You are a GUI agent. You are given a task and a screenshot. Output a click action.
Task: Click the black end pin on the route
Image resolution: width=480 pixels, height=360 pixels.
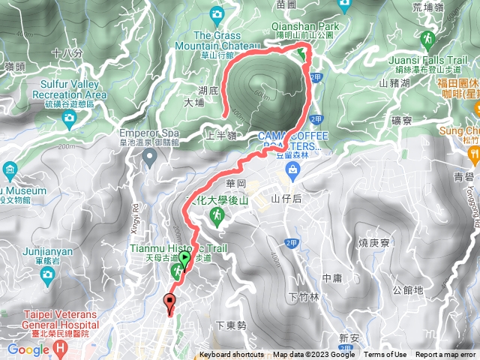169,304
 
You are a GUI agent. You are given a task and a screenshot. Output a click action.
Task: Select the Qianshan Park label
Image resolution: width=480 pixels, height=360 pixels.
304,25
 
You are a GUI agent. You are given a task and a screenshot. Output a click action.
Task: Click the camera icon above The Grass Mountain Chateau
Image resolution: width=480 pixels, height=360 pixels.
217,14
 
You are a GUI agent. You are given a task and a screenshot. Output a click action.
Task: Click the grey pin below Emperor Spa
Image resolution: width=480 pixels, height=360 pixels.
150,157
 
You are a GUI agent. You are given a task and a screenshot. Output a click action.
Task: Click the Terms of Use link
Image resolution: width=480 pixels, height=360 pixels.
385,355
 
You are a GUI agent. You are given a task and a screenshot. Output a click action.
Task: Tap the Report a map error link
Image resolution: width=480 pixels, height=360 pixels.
446,355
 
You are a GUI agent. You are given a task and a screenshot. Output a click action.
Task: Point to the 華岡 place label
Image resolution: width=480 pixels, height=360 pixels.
235,183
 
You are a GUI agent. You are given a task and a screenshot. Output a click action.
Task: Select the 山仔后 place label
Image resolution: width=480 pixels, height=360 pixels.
286,199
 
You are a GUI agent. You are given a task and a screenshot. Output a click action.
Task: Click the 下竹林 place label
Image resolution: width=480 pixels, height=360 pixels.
303,296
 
